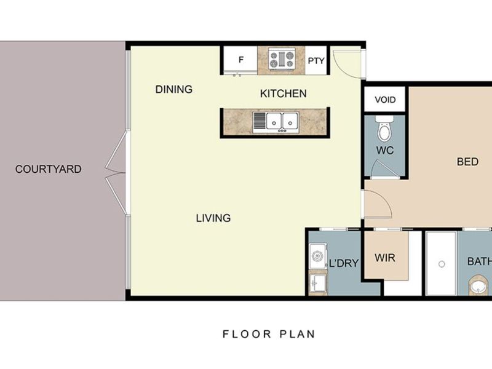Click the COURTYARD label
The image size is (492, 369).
pos(48,169)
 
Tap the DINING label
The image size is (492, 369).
pos(173,89)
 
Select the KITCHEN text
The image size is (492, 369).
pos(283,93)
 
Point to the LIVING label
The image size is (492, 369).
pos(213,218)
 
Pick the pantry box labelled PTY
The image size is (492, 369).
pos(315,61)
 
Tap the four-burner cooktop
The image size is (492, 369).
pos(282,60)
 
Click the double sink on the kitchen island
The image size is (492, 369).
pos(276,121)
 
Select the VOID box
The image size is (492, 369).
pos(385,100)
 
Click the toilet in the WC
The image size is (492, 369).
pos(385,130)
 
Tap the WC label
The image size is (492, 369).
pos(384,151)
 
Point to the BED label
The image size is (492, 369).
pos(467,162)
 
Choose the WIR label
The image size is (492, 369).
pos(385,257)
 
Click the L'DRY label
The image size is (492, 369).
pos(344,263)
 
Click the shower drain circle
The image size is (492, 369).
pos(441,264)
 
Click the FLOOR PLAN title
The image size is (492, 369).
pos(269,335)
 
